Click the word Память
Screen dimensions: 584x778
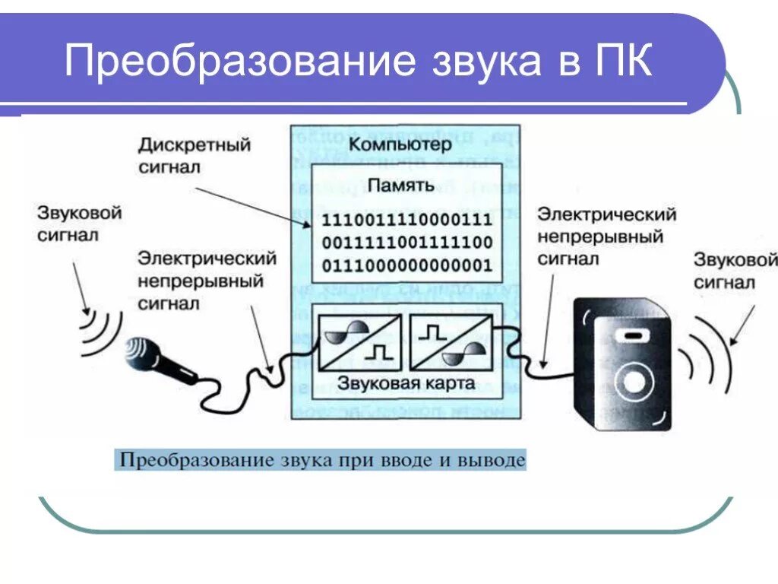click(x=400, y=185)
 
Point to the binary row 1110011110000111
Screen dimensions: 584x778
click(x=407, y=221)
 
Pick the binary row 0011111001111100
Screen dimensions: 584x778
click(x=407, y=243)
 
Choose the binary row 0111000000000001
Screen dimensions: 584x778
click(x=407, y=266)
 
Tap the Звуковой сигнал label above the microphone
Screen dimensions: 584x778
click(x=79, y=224)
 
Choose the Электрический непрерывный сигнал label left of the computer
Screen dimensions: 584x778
click(x=206, y=281)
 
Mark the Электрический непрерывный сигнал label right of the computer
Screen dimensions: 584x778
click(x=606, y=236)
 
